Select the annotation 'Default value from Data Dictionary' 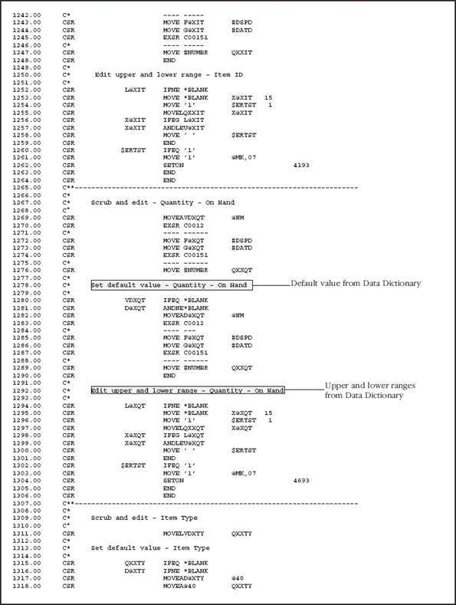[356, 284]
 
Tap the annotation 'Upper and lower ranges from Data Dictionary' [363, 390]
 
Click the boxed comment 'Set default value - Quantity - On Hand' [171, 284]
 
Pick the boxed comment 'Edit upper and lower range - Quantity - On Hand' [187, 390]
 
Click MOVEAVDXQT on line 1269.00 [182, 218]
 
